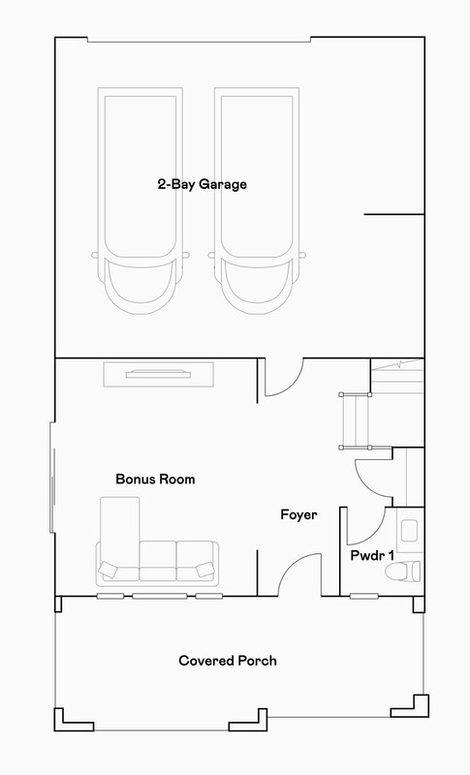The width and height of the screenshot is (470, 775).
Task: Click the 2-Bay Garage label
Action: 203,185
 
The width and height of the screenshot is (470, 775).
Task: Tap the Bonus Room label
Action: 155,479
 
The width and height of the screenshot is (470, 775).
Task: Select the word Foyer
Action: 299,515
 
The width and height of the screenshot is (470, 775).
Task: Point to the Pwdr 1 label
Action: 372,555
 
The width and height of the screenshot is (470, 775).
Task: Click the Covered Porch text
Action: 228,661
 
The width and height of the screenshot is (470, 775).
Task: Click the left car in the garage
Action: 141,201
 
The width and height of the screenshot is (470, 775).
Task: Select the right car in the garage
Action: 257,201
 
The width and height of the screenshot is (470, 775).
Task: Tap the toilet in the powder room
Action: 403,572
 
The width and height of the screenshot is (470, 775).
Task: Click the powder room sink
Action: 409,530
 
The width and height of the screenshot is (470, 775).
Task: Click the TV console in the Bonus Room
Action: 158,374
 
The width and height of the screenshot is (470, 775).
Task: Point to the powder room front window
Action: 364,597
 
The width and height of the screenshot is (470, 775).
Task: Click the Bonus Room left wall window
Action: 52,477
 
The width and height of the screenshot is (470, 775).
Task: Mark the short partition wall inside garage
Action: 393,214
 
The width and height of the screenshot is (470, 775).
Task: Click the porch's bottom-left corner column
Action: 74,722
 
